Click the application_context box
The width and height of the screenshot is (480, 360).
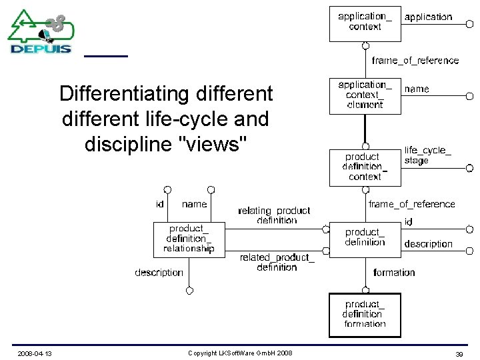click(365, 23)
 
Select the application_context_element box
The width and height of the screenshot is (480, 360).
click(365, 95)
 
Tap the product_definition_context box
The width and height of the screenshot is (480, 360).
click(365, 167)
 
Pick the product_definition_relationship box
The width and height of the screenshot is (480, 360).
click(189, 239)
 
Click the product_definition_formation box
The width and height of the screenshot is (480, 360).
click(365, 315)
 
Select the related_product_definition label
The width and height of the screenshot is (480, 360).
click(277, 262)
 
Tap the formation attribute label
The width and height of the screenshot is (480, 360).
click(394, 273)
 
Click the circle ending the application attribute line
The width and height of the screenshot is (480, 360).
click(469, 23)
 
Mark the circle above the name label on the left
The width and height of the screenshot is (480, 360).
click(211, 190)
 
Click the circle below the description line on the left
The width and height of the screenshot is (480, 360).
click(189, 291)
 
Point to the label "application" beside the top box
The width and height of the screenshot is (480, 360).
click(428, 17)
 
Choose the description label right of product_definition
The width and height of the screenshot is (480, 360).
click(428, 244)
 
